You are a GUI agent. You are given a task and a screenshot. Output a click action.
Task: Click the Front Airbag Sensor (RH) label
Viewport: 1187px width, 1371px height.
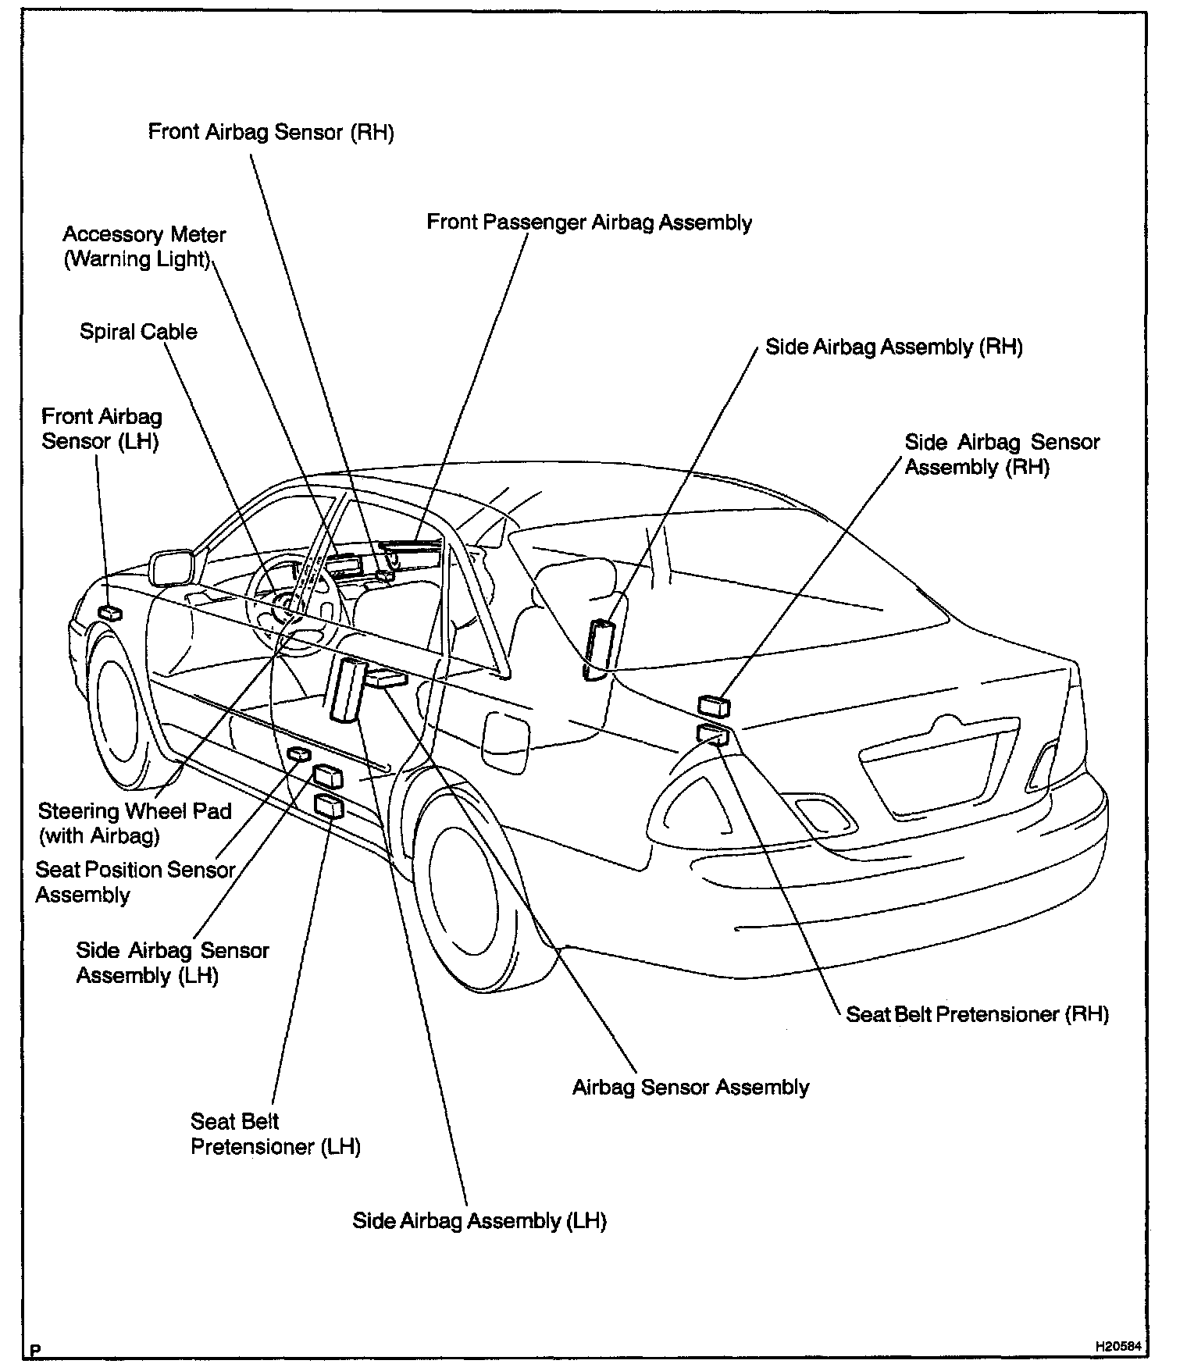pos(271,132)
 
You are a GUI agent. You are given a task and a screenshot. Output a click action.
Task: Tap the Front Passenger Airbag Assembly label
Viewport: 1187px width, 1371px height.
pos(589,223)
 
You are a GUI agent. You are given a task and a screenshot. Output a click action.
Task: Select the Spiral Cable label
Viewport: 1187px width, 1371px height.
pos(138,332)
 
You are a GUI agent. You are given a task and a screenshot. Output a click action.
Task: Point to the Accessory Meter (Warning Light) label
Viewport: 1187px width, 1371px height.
pos(144,247)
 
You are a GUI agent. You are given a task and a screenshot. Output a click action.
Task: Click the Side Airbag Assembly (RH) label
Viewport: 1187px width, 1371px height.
pos(893,347)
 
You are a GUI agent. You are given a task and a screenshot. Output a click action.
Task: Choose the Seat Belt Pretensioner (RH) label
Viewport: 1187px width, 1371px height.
pos(977,1014)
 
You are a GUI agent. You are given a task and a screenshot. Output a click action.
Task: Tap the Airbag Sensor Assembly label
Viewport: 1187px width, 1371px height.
pos(690,1088)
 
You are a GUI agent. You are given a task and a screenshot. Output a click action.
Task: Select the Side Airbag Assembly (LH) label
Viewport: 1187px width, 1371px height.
pos(479,1221)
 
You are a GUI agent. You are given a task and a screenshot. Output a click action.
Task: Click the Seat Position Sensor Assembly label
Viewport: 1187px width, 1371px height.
pos(135,882)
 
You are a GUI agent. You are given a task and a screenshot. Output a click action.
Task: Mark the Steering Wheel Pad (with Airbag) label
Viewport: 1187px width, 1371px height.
pos(134,824)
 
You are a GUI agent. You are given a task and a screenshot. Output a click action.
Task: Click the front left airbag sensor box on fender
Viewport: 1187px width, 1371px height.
pos(109,613)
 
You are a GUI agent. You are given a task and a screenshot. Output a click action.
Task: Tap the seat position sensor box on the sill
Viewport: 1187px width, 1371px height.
pos(298,753)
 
